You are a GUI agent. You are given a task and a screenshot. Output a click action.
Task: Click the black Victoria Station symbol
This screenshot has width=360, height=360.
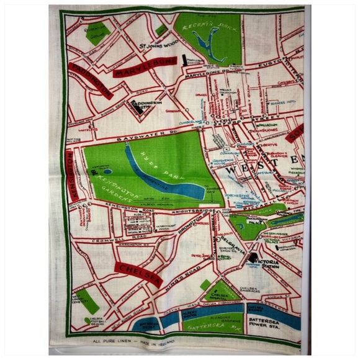pos(253,258)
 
